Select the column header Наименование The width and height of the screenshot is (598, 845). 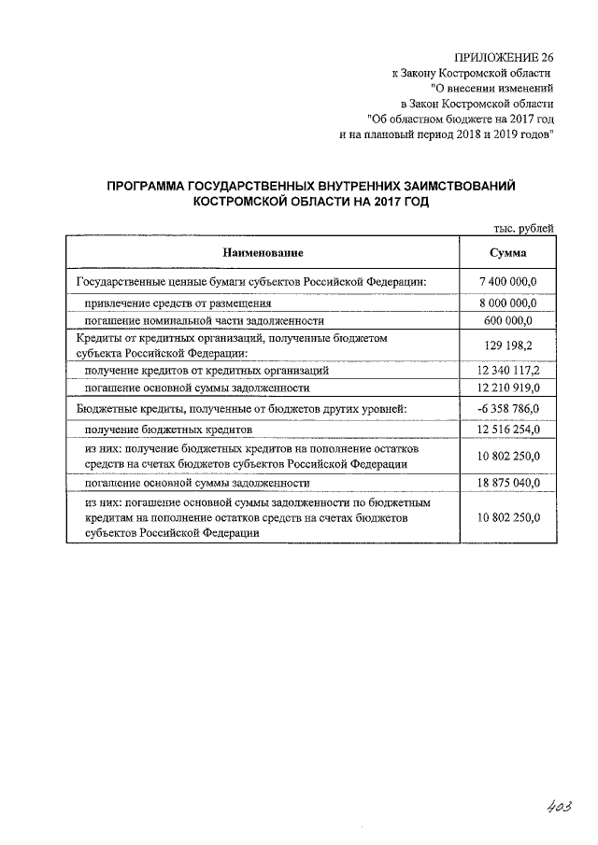pos(263,253)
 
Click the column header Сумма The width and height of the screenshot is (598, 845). pos(507,253)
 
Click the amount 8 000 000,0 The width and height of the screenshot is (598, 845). pos(507,303)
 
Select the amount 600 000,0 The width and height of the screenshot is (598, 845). pos(507,320)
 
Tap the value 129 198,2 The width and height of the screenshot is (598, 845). pos(507,345)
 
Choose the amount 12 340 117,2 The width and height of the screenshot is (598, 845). pos(507,371)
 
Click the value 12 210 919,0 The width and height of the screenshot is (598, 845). pos(507,387)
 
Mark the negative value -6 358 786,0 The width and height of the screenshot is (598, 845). pos(507,408)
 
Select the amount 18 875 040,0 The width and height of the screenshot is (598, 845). pos(507,484)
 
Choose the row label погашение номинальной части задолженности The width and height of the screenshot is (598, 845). pos(204,320)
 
